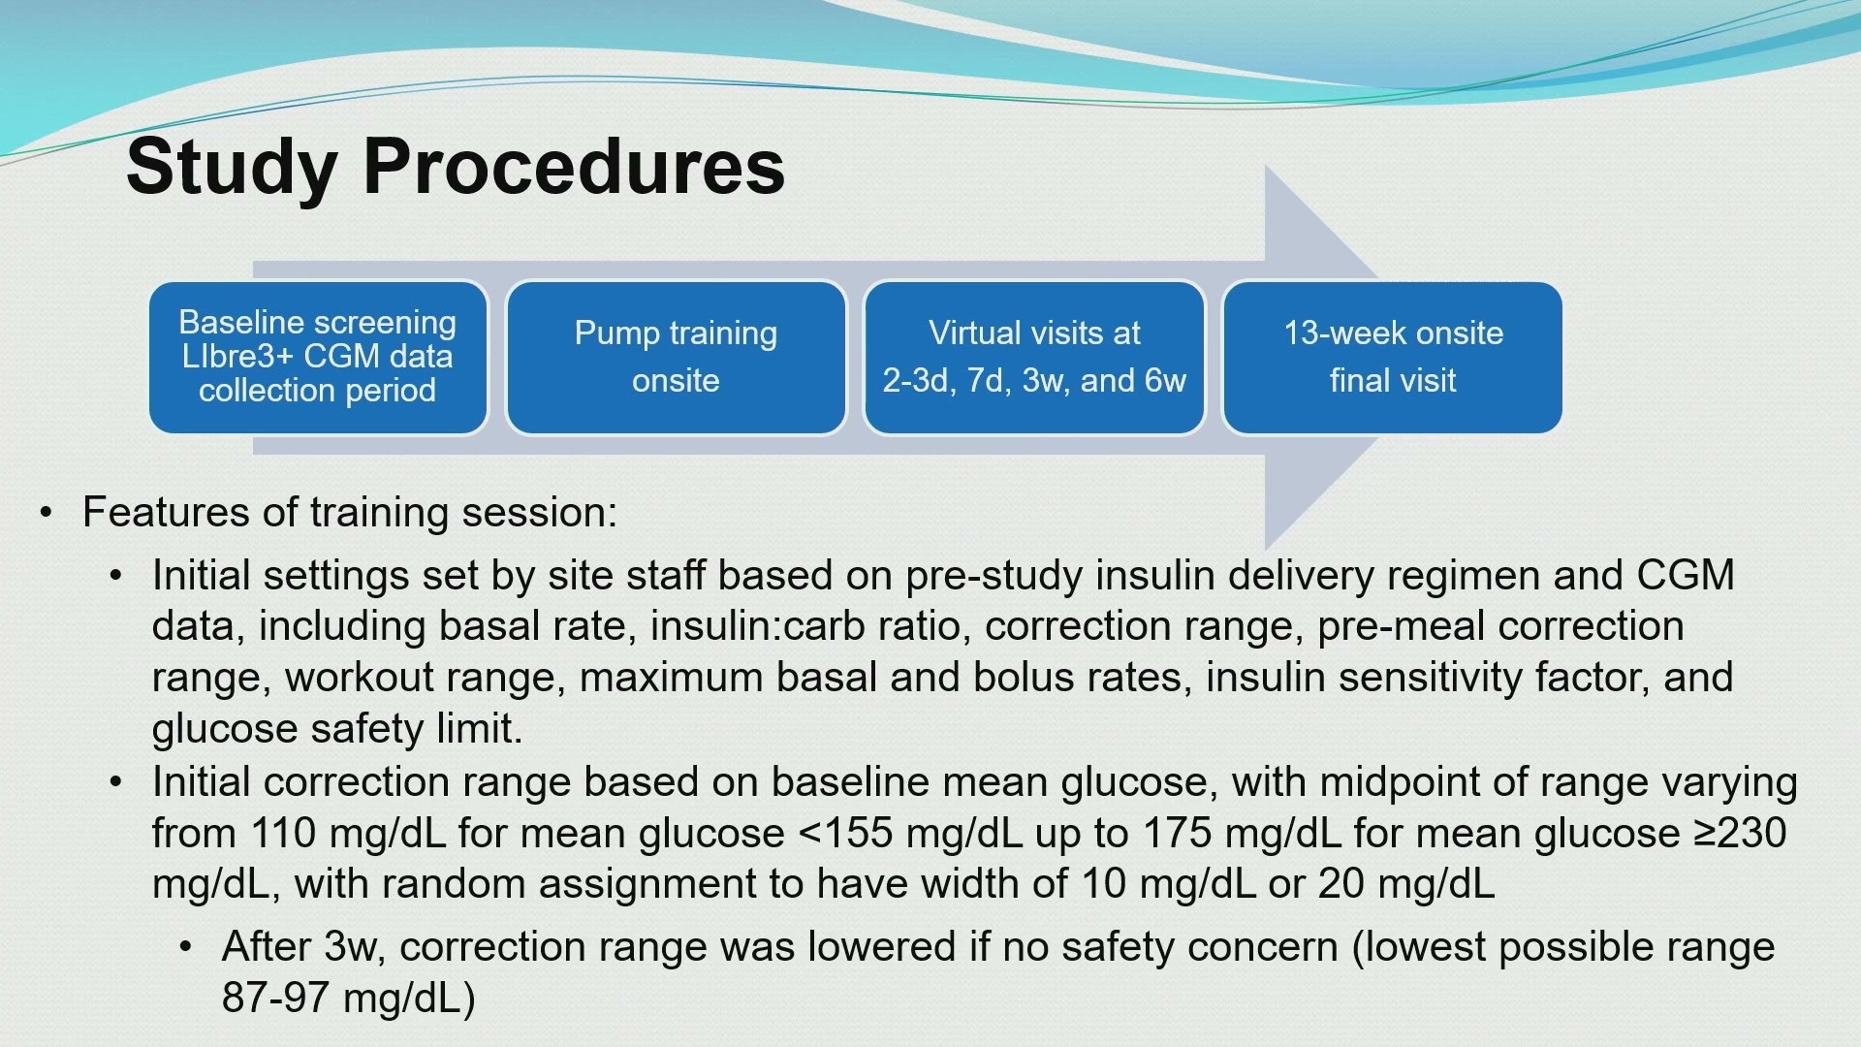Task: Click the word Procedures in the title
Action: pos(574,167)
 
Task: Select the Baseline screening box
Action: pos(318,357)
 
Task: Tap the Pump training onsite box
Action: pos(676,357)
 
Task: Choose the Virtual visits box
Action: pos(1034,357)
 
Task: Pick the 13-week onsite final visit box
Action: pos(1393,357)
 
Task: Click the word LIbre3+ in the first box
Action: pos(230,356)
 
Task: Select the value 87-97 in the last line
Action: pos(275,997)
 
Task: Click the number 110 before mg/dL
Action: pos(283,833)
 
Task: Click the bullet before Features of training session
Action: pos(46,513)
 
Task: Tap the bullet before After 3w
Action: pos(185,946)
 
